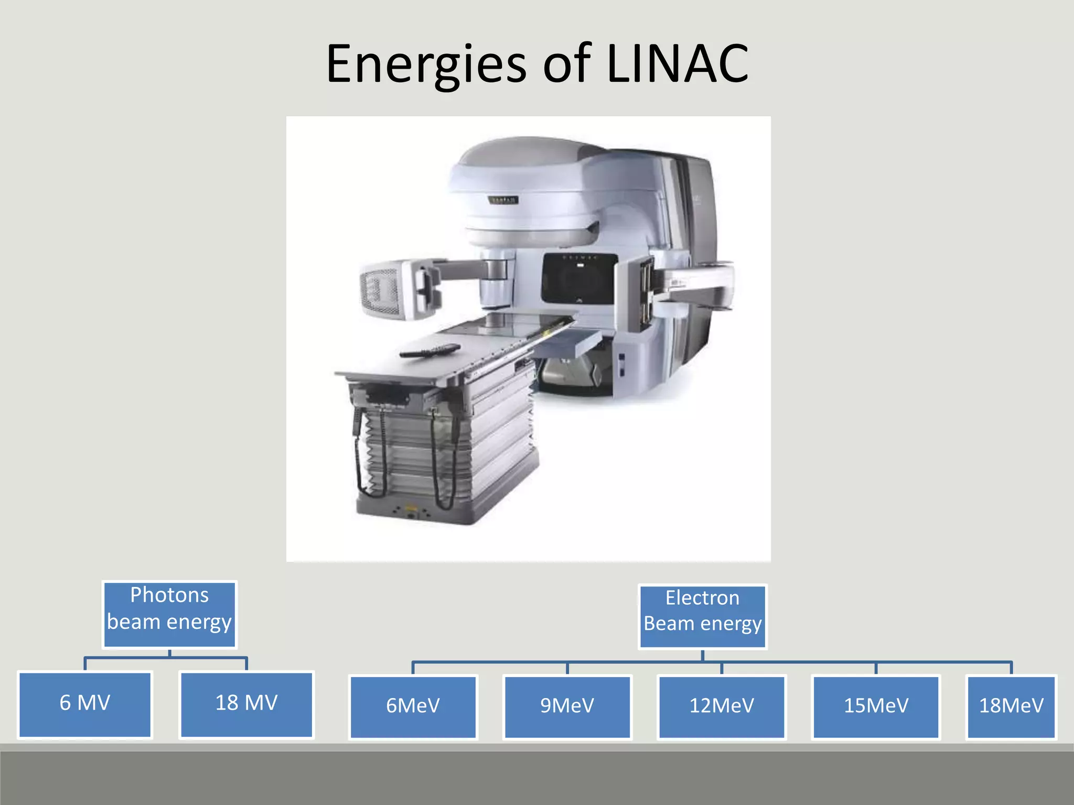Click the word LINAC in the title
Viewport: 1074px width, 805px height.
point(677,64)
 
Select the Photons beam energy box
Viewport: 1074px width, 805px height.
point(169,614)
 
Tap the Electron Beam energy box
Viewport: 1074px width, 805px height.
point(702,617)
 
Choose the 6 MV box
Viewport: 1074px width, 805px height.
point(85,704)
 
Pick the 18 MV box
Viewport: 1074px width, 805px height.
point(246,704)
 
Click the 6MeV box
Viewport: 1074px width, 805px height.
point(413,706)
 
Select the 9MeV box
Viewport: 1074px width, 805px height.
point(567,706)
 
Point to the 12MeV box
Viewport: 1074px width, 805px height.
point(721,706)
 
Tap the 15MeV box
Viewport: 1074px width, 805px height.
point(876,706)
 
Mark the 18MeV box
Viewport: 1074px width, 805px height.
point(1011,706)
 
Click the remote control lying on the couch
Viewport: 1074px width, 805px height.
point(430,350)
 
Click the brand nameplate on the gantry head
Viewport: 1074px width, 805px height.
point(504,200)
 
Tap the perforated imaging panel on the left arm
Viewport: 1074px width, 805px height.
point(380,291)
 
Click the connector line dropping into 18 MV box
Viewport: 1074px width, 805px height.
point(246,663)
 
